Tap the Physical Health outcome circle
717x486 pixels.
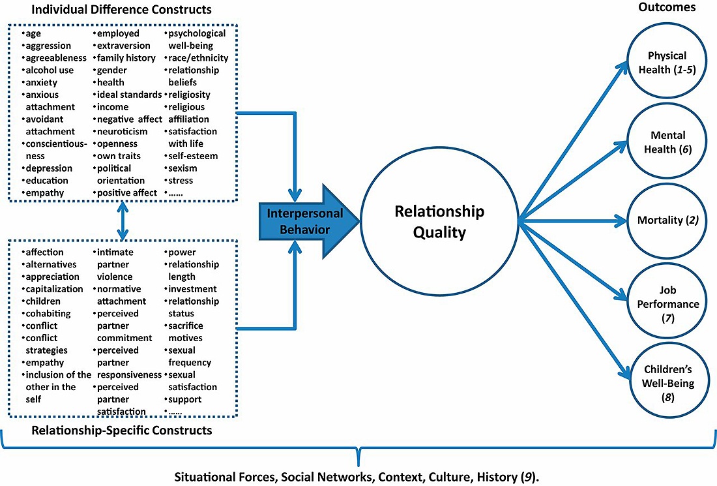(667, 63)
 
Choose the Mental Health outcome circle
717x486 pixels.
(667, 142)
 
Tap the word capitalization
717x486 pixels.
(54, 289)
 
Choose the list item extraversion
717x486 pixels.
(123, 46)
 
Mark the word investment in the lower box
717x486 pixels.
(192, 289)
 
